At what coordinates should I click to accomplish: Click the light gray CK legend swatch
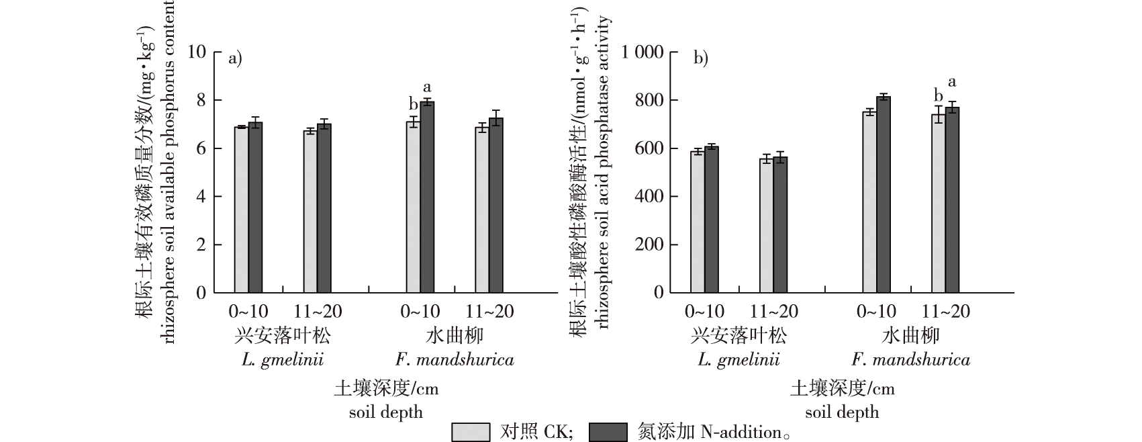pos(471,432)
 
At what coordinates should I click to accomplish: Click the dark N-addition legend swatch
pos(607,432)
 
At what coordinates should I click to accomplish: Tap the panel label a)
pos(235,58)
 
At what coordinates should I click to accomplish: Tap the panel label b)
pos(700,58)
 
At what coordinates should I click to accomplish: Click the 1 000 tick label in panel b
pos(643,52)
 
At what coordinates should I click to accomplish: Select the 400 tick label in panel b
pos(650,196)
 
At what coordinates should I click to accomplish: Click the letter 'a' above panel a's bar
pos(426,87)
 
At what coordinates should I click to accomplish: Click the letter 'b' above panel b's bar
pos(939,95)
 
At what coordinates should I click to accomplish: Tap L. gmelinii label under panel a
pos(283,360)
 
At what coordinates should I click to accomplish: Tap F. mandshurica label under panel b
pos(910,360)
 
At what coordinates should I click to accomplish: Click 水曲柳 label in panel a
pos(454,336)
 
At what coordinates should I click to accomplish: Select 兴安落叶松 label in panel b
pos(739,336)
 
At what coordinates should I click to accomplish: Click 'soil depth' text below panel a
pos(386,412)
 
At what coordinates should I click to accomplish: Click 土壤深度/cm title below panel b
pos(842,388)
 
